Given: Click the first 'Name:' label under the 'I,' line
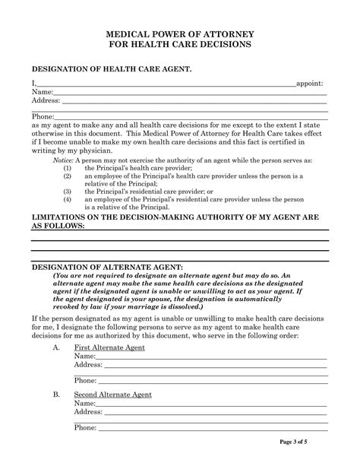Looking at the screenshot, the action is pos(43,91).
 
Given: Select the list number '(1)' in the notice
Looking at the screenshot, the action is pos(68,169).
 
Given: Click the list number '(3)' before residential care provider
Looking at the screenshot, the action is pos(68,192).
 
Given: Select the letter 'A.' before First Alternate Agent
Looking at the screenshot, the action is pos(57,347).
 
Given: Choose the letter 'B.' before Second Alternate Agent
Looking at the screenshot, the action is pos(57,395).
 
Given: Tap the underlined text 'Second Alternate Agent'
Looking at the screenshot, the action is pos(112,395).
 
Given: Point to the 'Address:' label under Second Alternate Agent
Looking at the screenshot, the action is pos(88,411).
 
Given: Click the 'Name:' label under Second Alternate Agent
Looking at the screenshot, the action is pos(84,403).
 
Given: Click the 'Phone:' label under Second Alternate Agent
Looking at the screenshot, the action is pos(86,427).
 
